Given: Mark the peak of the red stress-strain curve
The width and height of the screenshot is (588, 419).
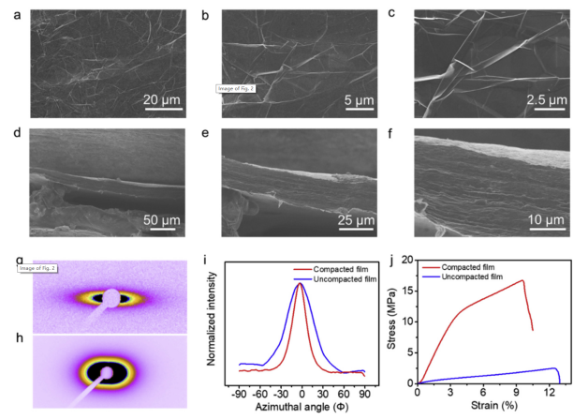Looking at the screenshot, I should click(522, 280).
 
